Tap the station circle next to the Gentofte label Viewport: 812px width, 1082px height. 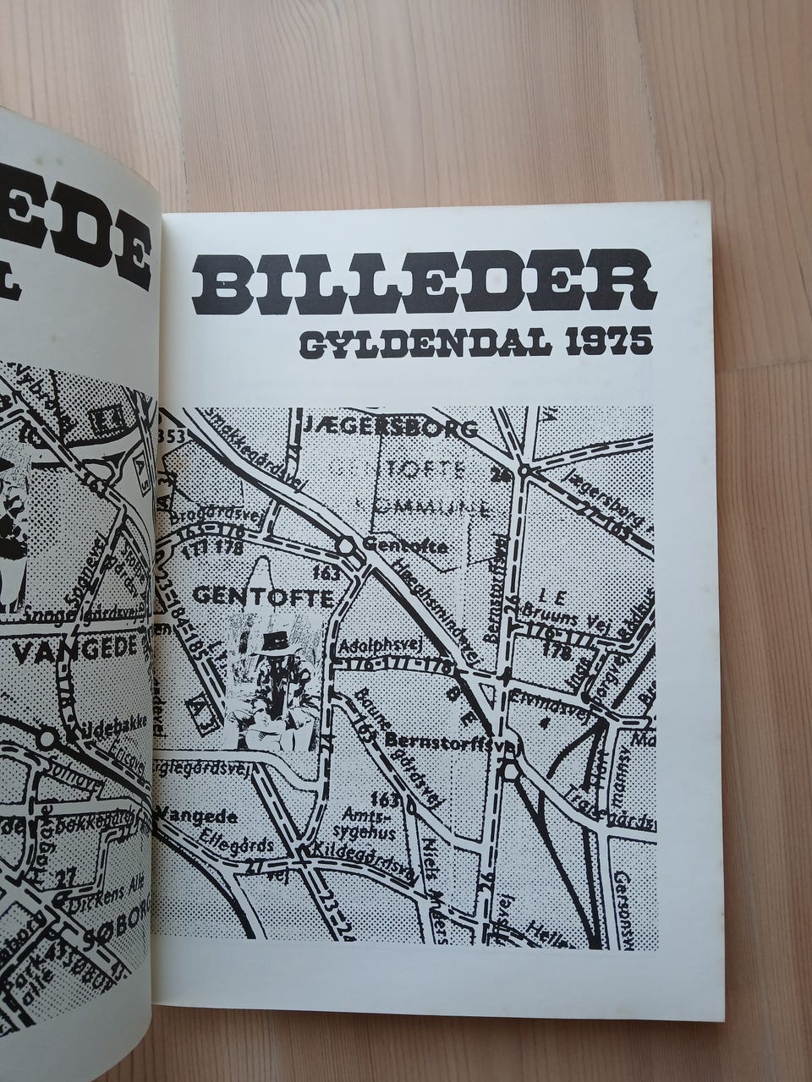coord(346,546)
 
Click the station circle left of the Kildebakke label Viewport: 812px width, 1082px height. coord(47,739)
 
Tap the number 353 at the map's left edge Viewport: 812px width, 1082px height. coord(171,436)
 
